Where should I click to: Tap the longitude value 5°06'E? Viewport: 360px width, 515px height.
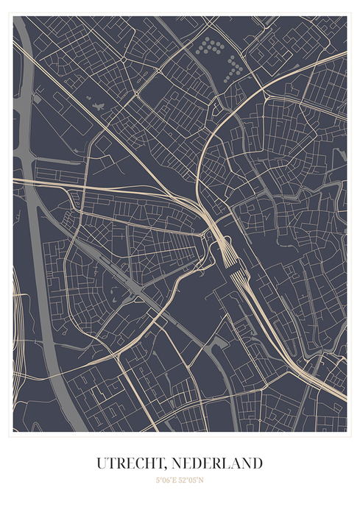pyautogui.click(x=167, y=480)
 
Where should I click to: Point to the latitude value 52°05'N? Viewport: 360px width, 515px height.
pyautogui.click(x=191, y=480)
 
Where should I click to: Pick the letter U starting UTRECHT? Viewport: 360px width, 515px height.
pyautogui.click(x=102, y=464)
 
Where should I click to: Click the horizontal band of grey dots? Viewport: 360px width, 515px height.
pyautogui.click(x=209, y=47)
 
